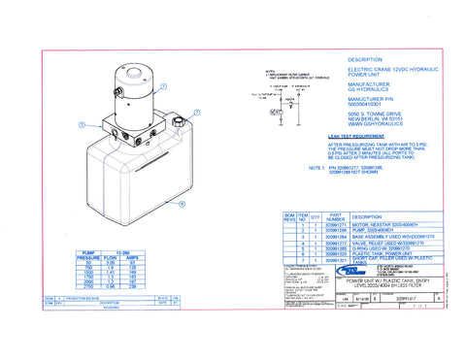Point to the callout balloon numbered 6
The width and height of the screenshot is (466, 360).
(x=182, y=204)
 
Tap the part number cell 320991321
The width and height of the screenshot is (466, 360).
(x=334, y=261)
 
